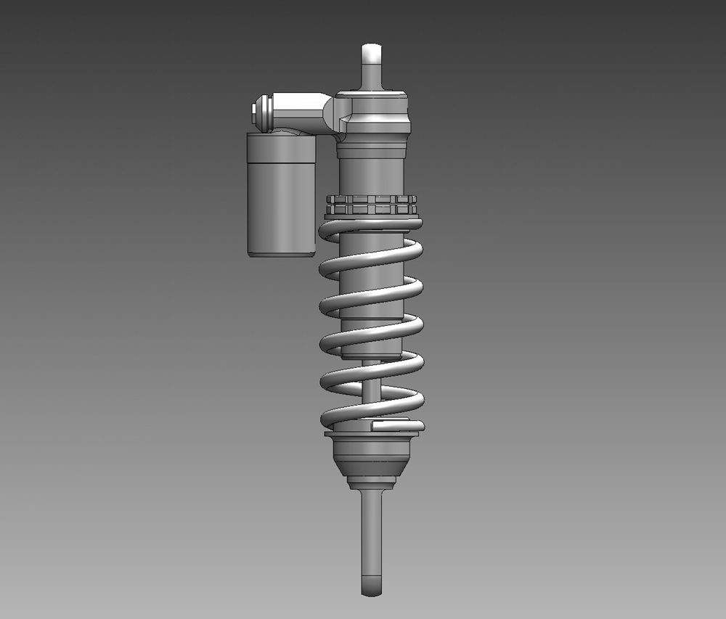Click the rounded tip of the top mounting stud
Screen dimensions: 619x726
(x=372, y=52)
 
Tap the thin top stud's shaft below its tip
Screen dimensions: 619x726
(x=372, y=76)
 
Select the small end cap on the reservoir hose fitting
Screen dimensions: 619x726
(x=252, y=110)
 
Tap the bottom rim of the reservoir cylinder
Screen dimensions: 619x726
(x=281, y=253)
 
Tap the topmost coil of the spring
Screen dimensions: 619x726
(x=370, y=225)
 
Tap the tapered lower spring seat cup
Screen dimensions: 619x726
(x=372, y=457)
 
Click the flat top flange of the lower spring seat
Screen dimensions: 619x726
(x=372, y=438)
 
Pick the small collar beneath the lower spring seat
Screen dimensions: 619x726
(x=372, y=482)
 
